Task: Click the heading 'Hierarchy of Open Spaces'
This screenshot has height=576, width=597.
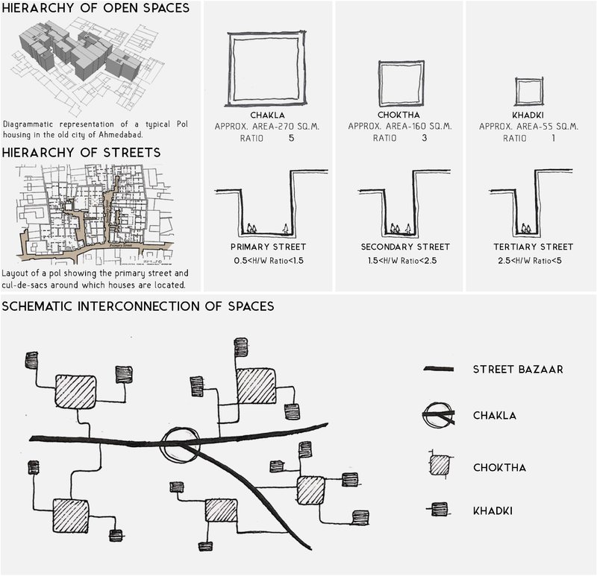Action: pyautogui.click(x=95, y=10)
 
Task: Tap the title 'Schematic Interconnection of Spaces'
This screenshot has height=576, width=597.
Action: pyautogui.click(x=139, y=306)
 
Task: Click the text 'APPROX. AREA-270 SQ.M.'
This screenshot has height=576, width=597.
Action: pyautogui.click(x=268, y=127)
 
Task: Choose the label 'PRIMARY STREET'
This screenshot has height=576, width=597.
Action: pyautogui.click(x=268, y=247)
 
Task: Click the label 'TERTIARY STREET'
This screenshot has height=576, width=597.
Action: pyautogui.click(x=534, y=247)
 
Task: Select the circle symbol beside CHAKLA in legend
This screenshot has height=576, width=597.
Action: pyautogui.click(x=439, y=416)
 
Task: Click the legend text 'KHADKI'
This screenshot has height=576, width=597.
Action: pyautogui.click(x=492, y=510)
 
